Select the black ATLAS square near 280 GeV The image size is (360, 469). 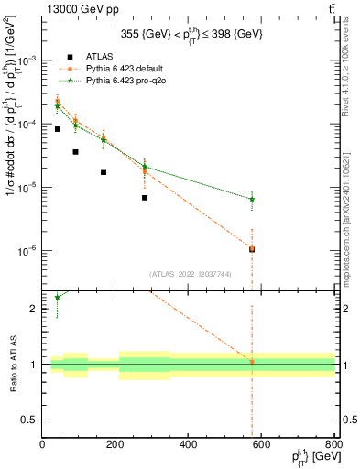pos(145,198)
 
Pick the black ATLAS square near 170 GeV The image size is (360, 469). pos(104,172)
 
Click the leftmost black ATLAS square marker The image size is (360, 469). pos(58,129)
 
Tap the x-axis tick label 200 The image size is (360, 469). pos(115,445)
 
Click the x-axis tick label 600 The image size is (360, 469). pos(261,445)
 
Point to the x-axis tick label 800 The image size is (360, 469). pos(333,445)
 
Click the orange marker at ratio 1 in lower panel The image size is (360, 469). pos(252,363)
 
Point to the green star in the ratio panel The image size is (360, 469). pos(58,297)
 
